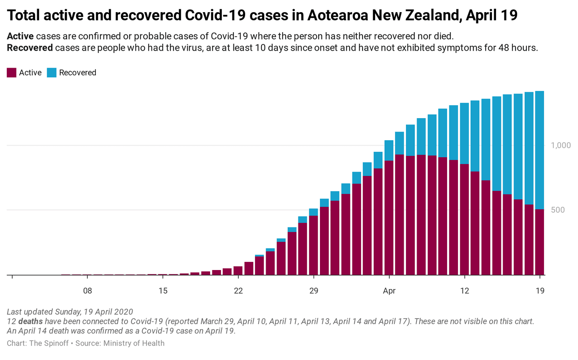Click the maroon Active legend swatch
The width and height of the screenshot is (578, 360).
click(12, 73)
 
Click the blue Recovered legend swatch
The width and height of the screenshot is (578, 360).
click(52, 73)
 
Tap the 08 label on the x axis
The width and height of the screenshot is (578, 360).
click(87, 291)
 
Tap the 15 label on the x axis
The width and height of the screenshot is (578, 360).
click(163, 291)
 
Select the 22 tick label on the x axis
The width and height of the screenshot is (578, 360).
click(238, 291)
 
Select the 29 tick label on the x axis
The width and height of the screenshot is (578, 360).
click(314, 291)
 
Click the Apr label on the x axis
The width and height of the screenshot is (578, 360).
click(389, 291)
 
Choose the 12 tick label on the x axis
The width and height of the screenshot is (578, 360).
click(464, 291)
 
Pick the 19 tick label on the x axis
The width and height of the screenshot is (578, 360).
click(540, 291)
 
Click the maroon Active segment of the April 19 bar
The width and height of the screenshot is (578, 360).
click(540, 242)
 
